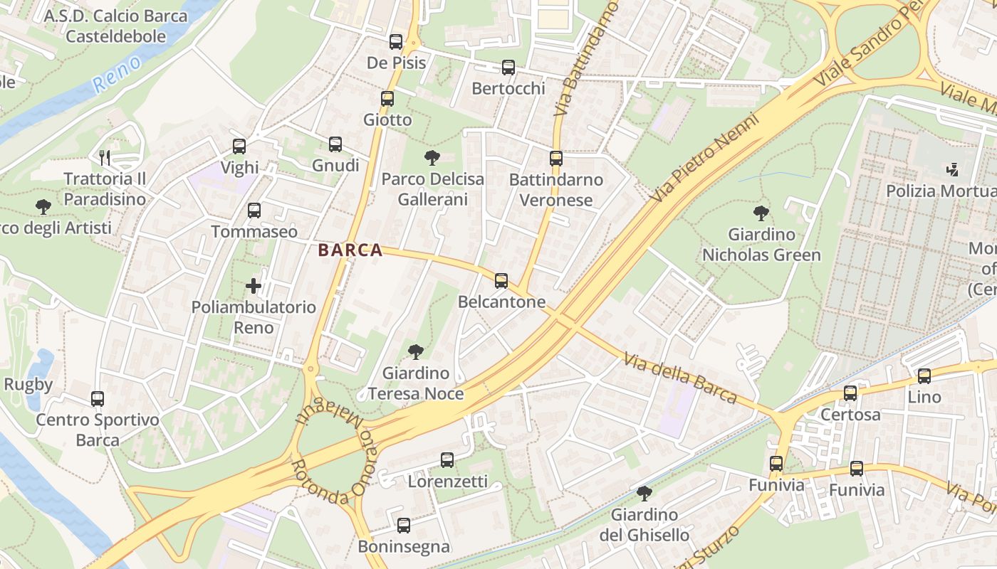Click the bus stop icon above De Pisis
click(x=396, y=42)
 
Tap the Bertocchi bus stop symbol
click(x=508, y=68)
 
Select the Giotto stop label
click(x=387, y=119)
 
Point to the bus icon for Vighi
click(x=239, y=147)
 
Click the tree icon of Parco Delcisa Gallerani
click(x=432, y=158)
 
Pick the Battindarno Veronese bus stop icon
click(x=556, y=159)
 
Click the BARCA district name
click(x=350, y=250)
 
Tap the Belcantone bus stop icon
click(x=501, y=281)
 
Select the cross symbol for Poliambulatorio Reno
click(x=254, y=286)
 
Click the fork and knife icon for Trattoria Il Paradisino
click(x=105, y=157)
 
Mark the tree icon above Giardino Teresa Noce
click(x=416, y=352)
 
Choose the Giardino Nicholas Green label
click(x=761, y=244)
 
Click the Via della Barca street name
click(x=679, y=377)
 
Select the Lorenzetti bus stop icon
click(x=447, y=460)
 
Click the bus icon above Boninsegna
click(x=404, y=526)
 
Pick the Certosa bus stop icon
click(x=850, y=393)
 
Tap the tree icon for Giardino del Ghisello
click(x=644, y=493)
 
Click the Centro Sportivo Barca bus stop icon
click(x=98, y=399)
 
